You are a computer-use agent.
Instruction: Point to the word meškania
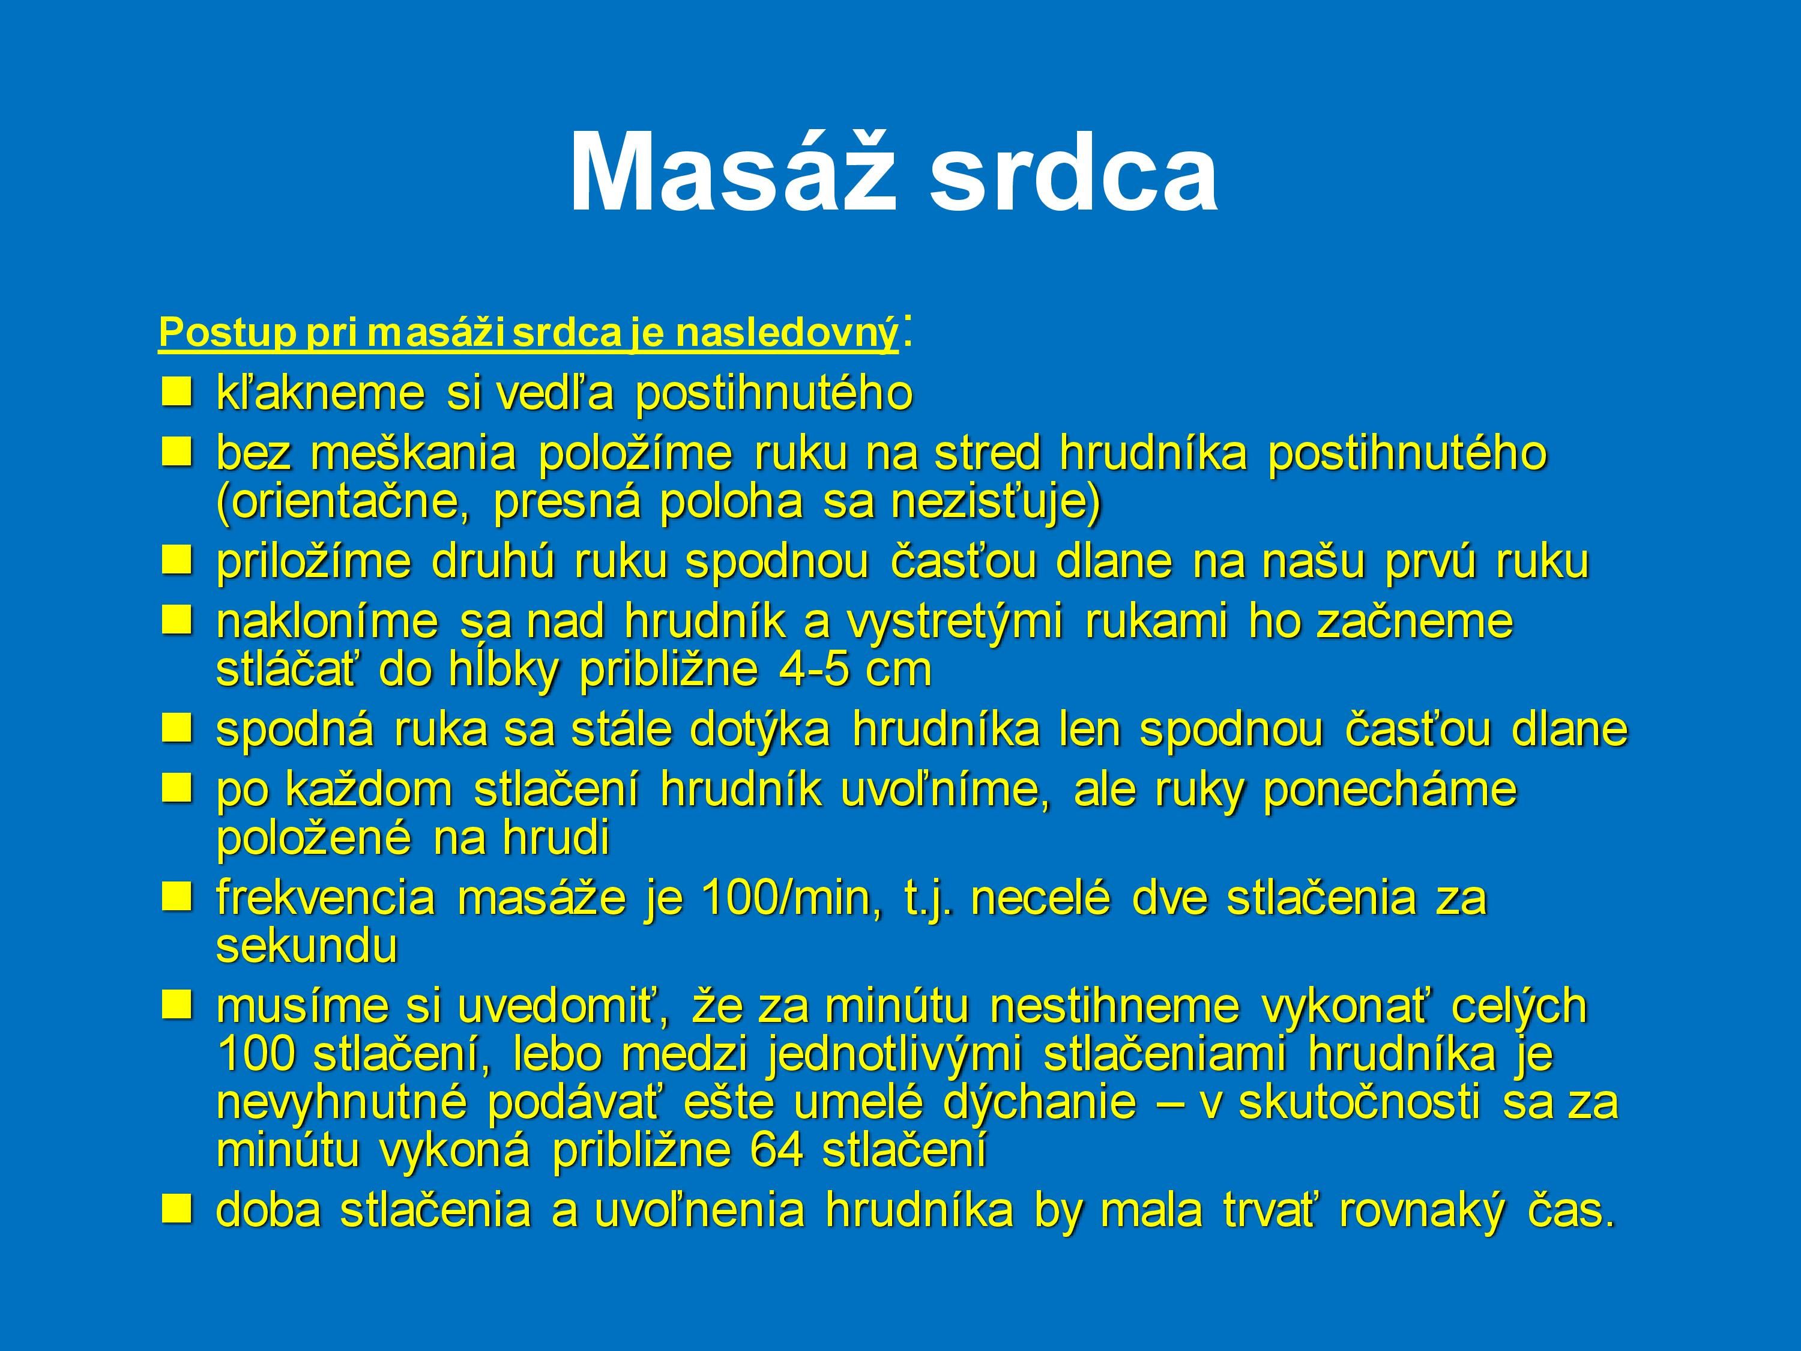tap(413, 453)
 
